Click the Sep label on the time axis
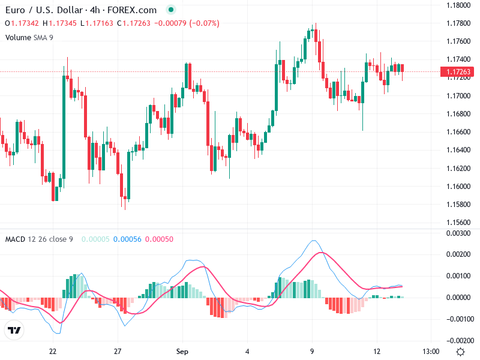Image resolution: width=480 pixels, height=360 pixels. tap(182, 351)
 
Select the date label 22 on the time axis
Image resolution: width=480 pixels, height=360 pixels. tap(53, 351)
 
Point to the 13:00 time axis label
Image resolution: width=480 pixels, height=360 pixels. tap(431, 351)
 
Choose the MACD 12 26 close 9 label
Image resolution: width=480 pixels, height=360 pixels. tap(39, 239)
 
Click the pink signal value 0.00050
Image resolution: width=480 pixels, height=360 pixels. tap(160, 239)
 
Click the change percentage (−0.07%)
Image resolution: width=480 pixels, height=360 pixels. tap(205, 23)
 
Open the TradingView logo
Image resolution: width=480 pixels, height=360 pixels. tap(14, 331)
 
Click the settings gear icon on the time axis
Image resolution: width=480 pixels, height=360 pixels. tap(460, 351)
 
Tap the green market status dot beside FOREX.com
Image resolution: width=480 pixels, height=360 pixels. tap(171, 10)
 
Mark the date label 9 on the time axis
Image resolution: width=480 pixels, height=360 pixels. tap(312, 351)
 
